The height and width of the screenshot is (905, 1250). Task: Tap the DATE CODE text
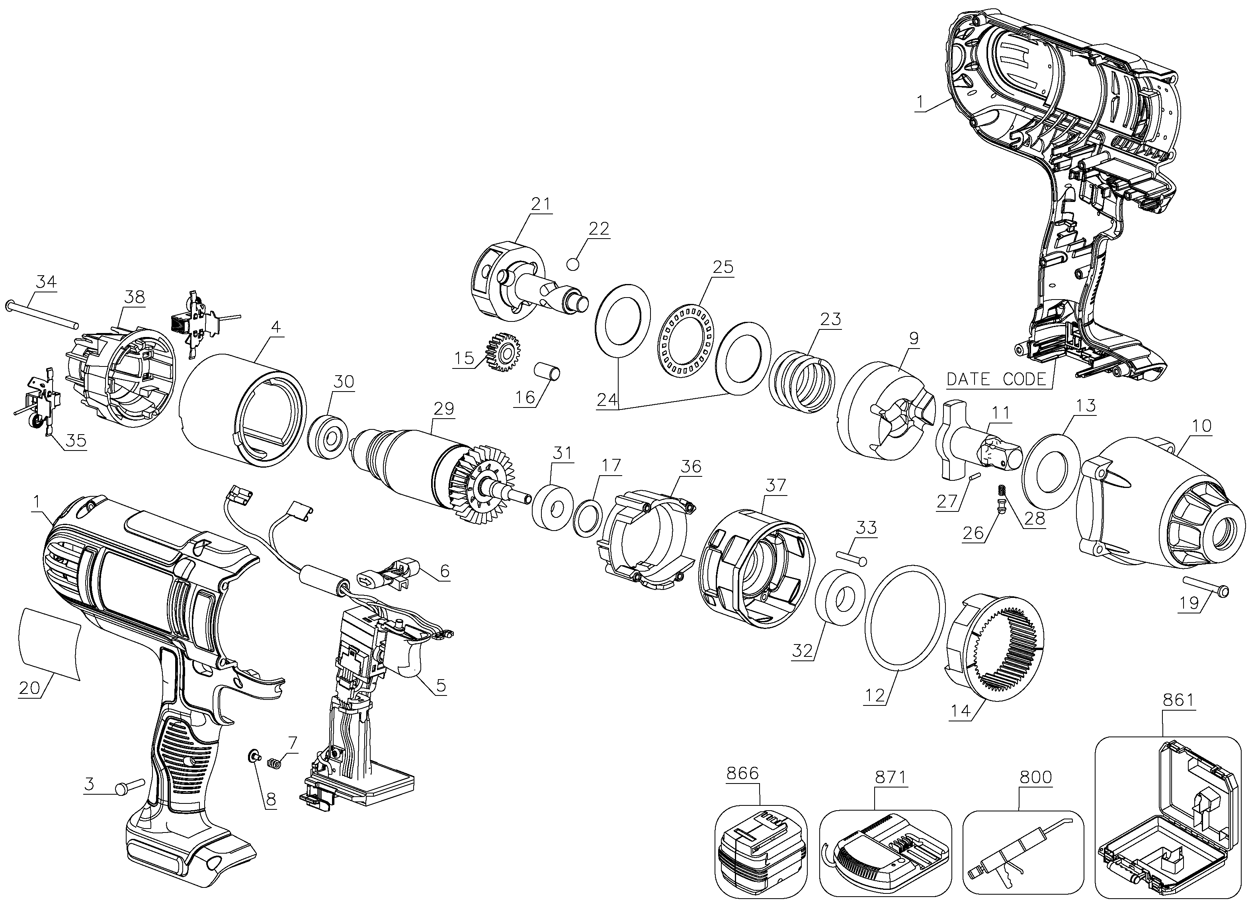pyautogui.click(x=996, y=379)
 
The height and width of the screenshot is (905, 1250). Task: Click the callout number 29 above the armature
pyautogui.click(x=444, y=409)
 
